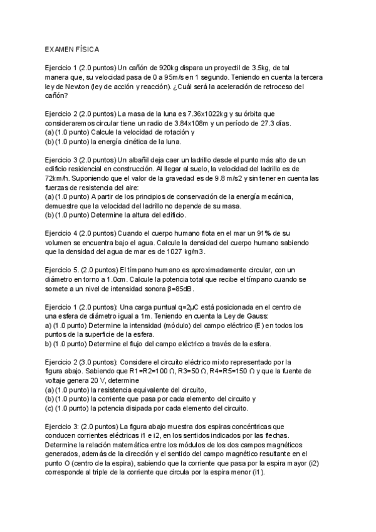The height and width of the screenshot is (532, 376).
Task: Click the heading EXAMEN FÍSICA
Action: pos(71,48)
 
